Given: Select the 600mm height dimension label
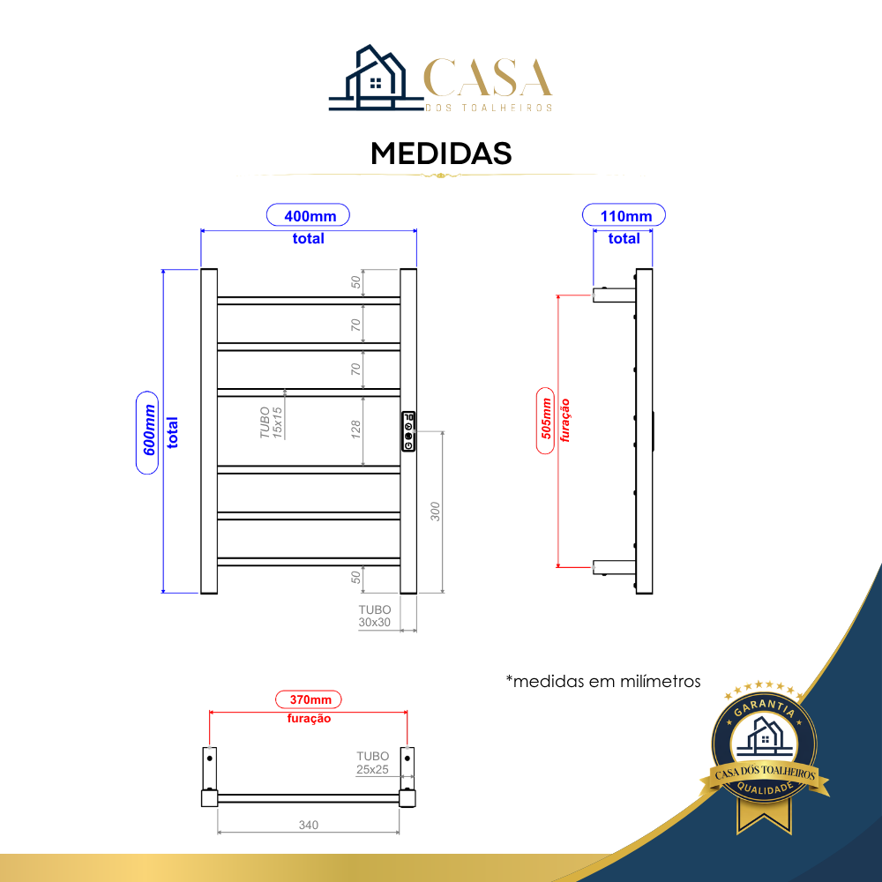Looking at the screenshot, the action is pyautogui.click(x=147, y=432).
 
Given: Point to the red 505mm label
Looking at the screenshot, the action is pyautogui.click(x=546, y=421).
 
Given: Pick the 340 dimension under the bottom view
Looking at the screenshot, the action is pyautogui.click(x=308, y=825).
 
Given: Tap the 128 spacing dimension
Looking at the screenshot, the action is pyautogui.click(x=355, y=430).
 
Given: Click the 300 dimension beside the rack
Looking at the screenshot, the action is pyautogui.click(x=435, y=512).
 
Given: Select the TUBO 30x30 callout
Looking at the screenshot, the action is pyautogui.click(x=375, y=616).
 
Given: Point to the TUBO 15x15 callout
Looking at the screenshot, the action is pyautogui.click(x=271, y=422).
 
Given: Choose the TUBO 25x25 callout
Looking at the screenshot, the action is pyautogui.click(x=372, y=763).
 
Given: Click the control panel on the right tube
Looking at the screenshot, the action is pyautogui.click(x=408, y=431).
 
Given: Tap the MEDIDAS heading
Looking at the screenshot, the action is pyautogui.click(x=441, y=153).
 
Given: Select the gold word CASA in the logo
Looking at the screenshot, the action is pyautogui.click(x=488, y=78).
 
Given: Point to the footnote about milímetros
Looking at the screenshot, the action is pyautogui.click(x=603, y=681).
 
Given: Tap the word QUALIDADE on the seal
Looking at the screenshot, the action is pyautogui.click(x=765, y=789).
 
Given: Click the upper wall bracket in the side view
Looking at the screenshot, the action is pyautogui.click(x=614, y=295).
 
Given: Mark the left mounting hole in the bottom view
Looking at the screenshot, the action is pyautogui.click(x=210, y=759).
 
